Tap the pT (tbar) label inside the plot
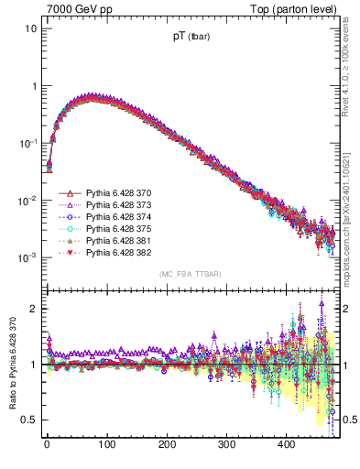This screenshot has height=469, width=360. click(x=193, y=38)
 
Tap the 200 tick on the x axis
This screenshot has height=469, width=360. click(x=167, y=445)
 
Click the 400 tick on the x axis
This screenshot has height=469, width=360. click(x=287, y=445)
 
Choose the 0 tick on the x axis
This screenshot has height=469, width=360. click(x=47, y=445)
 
